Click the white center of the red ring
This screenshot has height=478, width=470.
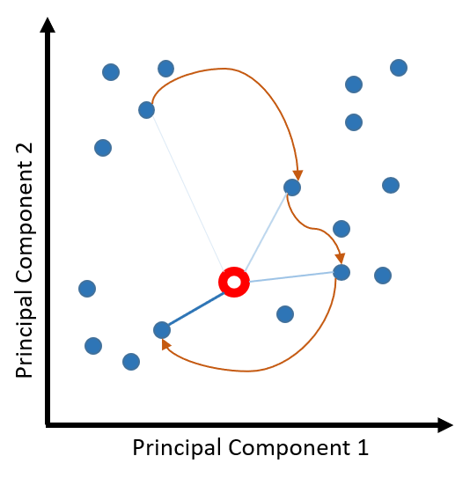[x=234, y=282]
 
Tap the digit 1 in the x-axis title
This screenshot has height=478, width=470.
[x=363, y=447]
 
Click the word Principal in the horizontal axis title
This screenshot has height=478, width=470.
[x=177, y=449]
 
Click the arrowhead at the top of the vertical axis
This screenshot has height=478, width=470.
[x=48, y=25]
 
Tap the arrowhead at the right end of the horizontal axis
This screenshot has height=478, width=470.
[x=445, y=425]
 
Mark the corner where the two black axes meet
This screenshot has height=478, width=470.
[x=48, y=425]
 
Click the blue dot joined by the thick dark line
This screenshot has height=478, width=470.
[x=162, y=330]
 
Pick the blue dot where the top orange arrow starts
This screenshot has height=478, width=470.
[x=147, y=110]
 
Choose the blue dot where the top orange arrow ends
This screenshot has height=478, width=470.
[x=292, y=188]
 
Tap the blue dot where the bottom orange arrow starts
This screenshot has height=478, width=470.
[x=341, y=272]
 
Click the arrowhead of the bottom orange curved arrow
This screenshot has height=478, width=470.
[x=165, y=344]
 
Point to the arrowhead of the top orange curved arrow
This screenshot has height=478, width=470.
[x=297, y=175]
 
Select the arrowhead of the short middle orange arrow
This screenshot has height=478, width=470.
[x=340, y=258]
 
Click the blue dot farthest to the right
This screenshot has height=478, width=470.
[x=399, y=68]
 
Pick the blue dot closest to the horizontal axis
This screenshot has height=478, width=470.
[x=131, y=362]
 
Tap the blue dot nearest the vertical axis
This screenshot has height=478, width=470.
[x=87, y=289]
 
